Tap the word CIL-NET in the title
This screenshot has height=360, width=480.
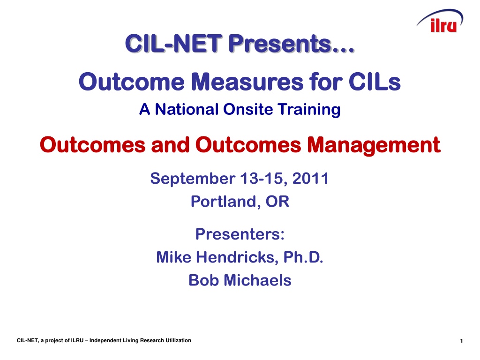[173, 43]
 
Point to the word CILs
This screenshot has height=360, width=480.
[375, 82]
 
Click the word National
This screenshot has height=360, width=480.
[187, 109]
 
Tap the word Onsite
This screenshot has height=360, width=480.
[248, 109]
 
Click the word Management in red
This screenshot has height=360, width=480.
[374, 145]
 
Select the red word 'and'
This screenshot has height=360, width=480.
[170, 145]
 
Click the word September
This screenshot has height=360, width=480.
[193, 179]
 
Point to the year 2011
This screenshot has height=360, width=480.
[310, 179]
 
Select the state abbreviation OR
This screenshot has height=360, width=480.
[277, 202]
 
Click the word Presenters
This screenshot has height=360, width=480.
[240, 234]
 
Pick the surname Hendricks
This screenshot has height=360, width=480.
[237, 257]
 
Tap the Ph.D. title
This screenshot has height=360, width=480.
[303, 257]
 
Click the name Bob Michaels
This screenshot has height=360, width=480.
[240, 280]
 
